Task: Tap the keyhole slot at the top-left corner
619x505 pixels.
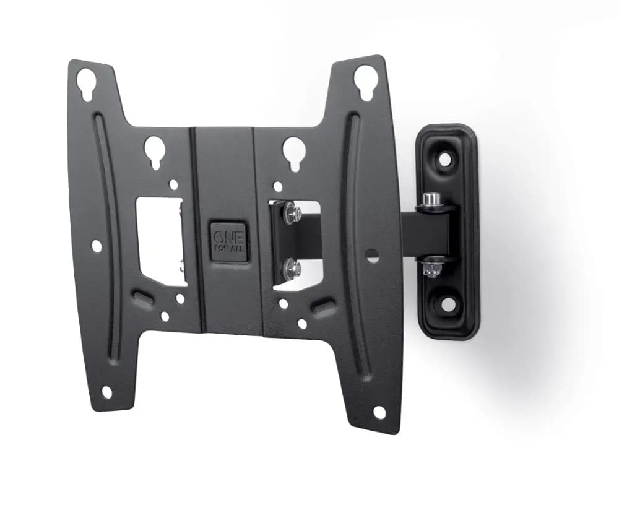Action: [x=86, y=84]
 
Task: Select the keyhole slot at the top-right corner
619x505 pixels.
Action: [x=365, y=81]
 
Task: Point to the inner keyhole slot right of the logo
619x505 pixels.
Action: [x=293, y=152]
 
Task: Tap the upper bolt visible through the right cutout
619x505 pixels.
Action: [x=292, y=214]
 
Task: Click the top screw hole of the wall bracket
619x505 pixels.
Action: [x=444, y=159]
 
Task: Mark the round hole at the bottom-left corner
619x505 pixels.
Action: [x=106, y=392]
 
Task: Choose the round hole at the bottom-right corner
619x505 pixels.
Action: [x=379, y=412]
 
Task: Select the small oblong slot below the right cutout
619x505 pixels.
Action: [x=323, y=306]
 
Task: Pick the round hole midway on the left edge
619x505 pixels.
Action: [x=96, y=246]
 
